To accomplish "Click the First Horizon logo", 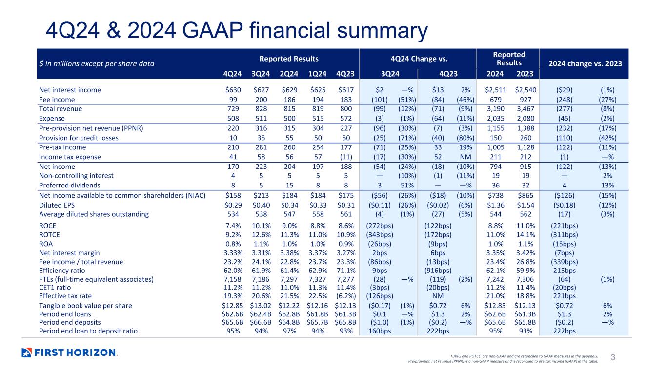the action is point(70,353).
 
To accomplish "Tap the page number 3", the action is point(613,357).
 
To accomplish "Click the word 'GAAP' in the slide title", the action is point(213,30).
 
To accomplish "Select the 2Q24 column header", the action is point(289,74).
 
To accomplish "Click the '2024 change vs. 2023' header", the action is point(585,63).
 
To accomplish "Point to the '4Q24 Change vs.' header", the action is point(419,59).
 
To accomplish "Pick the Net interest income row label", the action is point(70,90).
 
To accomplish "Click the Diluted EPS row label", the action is point(57,205).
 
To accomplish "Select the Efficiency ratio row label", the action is point(62,271).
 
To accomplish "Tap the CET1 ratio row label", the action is point(55,288).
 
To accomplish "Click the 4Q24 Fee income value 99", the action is point(233,100).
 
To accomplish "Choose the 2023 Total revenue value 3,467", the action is point(525,109).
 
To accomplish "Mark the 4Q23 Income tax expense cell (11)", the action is point(346,157).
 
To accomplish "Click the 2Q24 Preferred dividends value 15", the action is point(289,186).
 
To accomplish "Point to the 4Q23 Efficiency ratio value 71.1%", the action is point(346,271).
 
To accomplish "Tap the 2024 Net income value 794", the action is point(495,167).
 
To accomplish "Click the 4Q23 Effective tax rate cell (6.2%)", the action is point(346,296).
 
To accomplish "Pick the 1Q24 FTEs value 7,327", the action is point(318,279).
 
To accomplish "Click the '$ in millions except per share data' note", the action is point(97,63).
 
